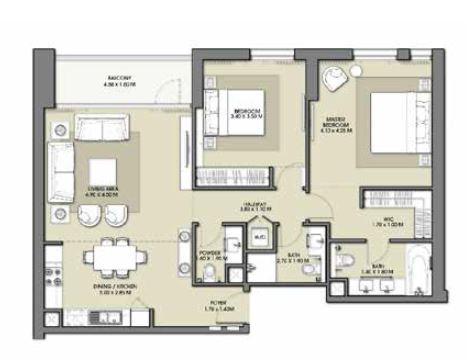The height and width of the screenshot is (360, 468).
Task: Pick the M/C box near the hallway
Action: click(x=258, y=237)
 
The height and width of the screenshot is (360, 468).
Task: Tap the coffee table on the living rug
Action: click(x=104, y=170)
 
